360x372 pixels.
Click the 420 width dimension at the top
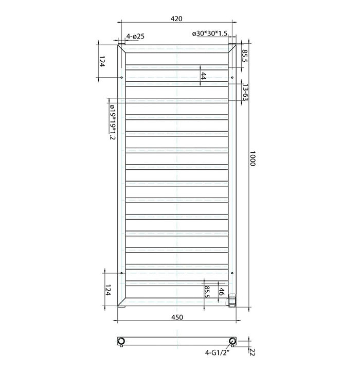click(176, 19)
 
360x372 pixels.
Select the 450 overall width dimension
click(176, 317)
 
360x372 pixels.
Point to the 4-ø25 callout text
click(135, 36)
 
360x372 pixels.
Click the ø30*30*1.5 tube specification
click(210, 34)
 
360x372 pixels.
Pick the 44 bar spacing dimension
click(203, 76)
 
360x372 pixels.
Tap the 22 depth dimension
click(252, 352)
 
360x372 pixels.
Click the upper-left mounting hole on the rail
click(122, 78)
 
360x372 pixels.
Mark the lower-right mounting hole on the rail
click(232, 273)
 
